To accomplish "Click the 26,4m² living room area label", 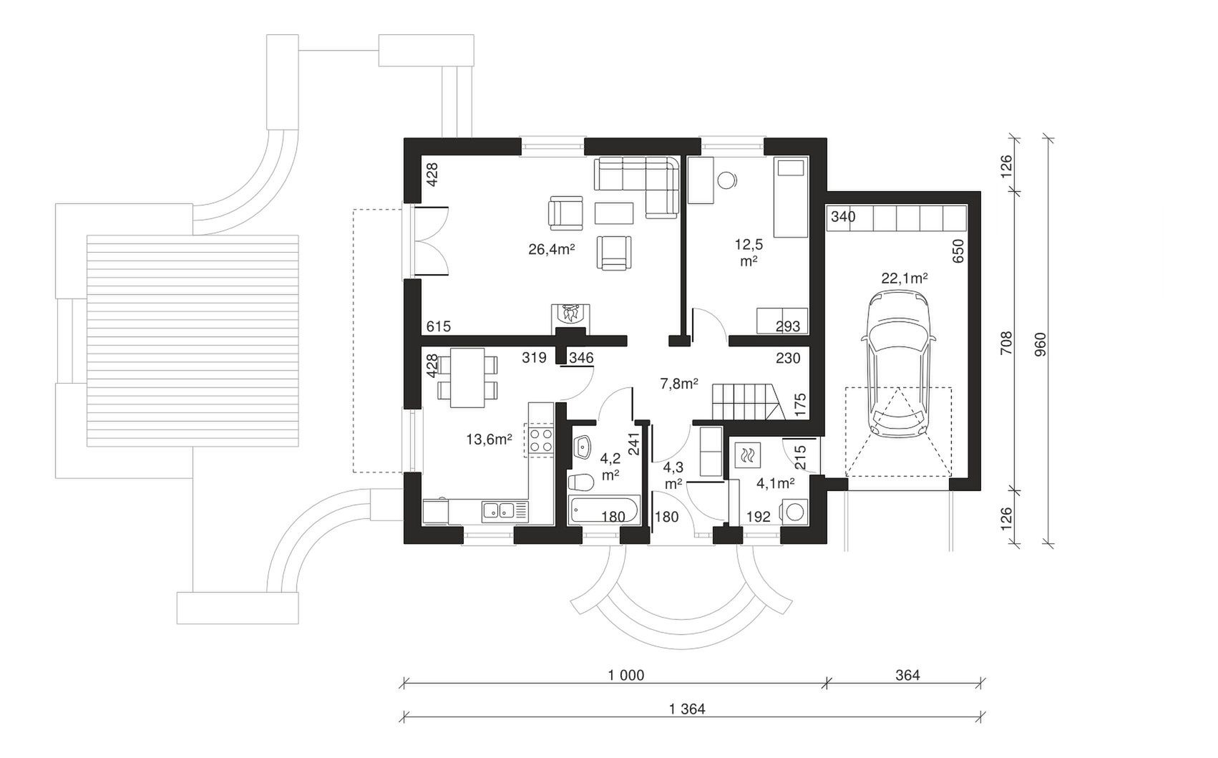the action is tap(551, 250).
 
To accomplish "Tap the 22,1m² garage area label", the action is tap(905, 278).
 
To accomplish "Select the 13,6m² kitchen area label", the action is tap(489, 439).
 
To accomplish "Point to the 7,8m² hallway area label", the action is tap(679, 384).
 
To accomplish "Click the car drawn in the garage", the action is tap(898, 366).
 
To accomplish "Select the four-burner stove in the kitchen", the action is tap(541, 440).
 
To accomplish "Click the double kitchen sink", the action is tap(505, 510).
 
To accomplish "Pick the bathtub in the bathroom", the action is tap(603, 510).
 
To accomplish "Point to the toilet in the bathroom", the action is tap(580, 482).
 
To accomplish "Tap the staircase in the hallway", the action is tap(749, 402).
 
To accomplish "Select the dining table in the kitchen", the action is tap(467, 377).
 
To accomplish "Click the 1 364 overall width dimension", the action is tap(687, 709).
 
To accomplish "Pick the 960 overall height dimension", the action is tap(1041, 344).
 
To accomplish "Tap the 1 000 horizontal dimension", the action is tap(626, 676).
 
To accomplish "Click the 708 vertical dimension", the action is tap(1006, 343).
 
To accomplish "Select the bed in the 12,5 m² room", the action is tap(791, 198).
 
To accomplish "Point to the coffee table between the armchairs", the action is tap(614, 213).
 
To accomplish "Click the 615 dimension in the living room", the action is tap(438, 326).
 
